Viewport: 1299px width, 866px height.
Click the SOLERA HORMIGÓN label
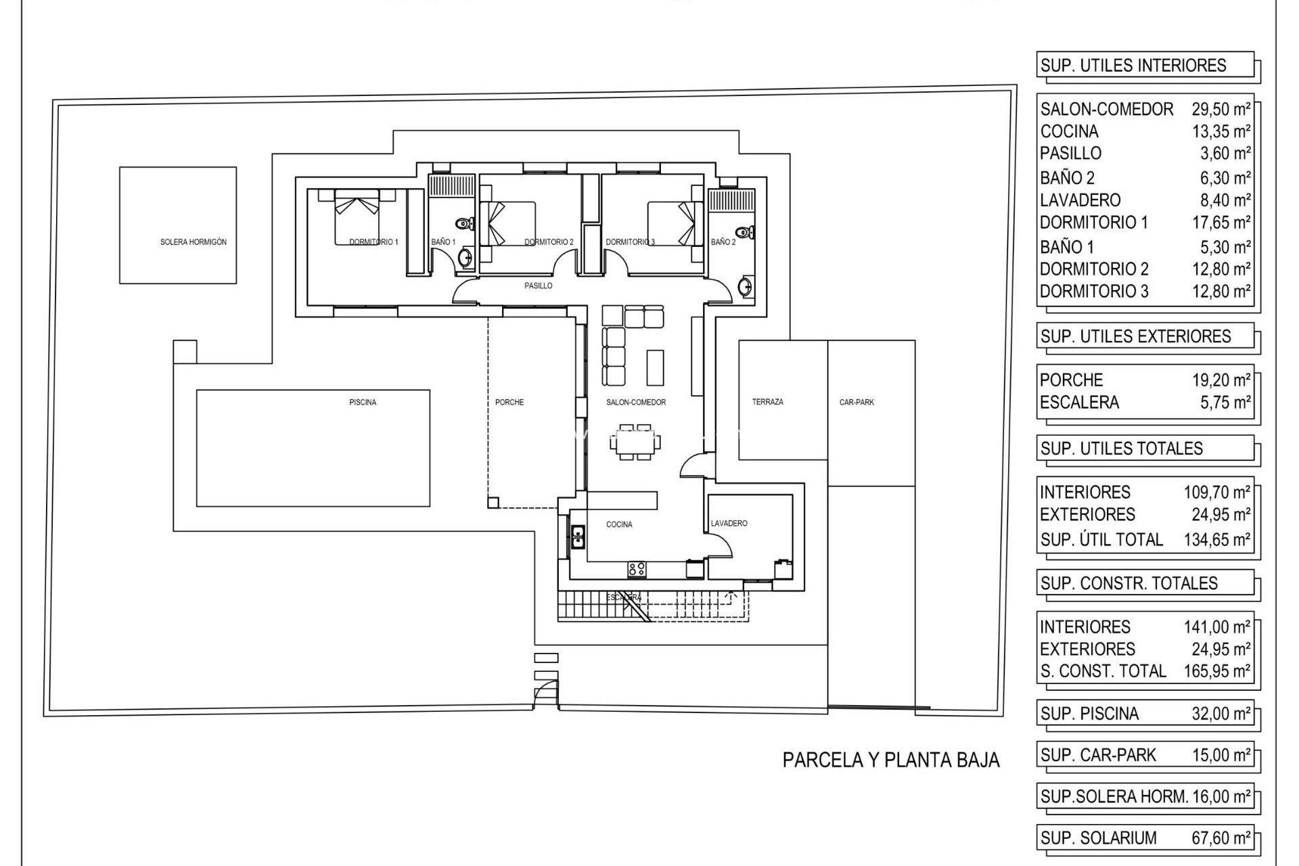[x=193, y=242]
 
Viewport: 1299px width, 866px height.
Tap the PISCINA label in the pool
[x=363, y=403]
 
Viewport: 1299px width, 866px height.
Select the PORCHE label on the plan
[x=509, y=403]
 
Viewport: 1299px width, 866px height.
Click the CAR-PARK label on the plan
[x=857, y=403]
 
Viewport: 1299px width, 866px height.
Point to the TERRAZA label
[x=768, y=402]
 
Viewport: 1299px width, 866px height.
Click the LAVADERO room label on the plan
[x=729, y=524]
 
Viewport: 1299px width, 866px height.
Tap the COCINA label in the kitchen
[x=619, y=524]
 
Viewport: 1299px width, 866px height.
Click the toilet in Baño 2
[x=744, y=233]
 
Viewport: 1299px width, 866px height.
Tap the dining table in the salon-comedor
[x=635, y=443]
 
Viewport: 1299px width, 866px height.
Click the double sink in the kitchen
[x=578, y=537]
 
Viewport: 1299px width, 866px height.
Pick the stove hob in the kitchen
[x=637, y=569]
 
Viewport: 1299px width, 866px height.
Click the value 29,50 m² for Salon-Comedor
[x=1221, y=109]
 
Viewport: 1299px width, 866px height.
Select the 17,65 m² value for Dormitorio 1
[x=1221, y=223]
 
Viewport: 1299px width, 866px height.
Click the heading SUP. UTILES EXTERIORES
[x=1136, y=336]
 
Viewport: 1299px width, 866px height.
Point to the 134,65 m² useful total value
[x=1216, y=539]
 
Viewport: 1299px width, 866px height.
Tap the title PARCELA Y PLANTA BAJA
[x=891, y=760]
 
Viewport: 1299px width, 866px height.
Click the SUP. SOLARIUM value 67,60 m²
[x=1221, y=838]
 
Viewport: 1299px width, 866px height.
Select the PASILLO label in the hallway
[x=539, y=286]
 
